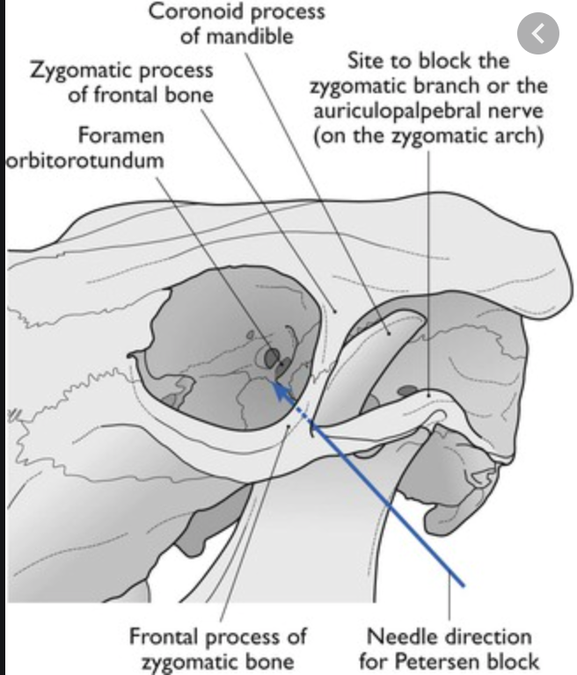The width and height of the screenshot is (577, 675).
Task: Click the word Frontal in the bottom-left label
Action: coord(170,634)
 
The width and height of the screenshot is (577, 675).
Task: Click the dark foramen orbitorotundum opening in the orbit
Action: coord(272,356)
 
